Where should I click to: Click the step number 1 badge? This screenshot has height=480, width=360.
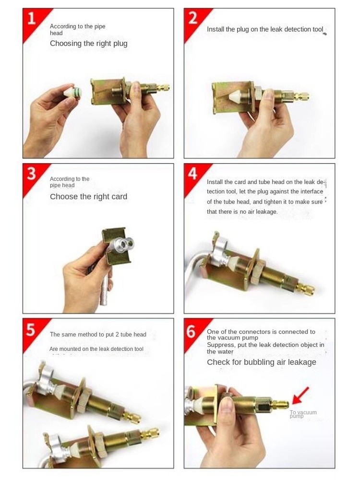click(31, 19)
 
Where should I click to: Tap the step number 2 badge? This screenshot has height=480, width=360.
click(192, 19)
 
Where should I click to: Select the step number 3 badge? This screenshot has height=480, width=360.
click(31, 173)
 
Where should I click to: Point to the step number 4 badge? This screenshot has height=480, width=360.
click(192, 173)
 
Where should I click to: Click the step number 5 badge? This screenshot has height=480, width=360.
click(31, 330)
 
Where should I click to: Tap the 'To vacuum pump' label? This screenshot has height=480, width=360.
click(303, 414)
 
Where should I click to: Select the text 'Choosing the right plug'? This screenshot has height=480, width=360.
click(88, 44)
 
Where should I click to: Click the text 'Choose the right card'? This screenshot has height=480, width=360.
click(88, 197)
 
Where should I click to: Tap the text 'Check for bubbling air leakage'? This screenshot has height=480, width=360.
click(261, 362)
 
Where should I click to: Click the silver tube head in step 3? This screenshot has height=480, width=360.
click(119, 246)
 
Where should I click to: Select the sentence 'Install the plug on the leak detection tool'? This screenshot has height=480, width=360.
click(265, 29)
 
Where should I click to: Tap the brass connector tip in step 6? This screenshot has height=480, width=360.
click(281, 405)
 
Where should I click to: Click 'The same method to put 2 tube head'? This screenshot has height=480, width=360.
click(98, 335)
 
